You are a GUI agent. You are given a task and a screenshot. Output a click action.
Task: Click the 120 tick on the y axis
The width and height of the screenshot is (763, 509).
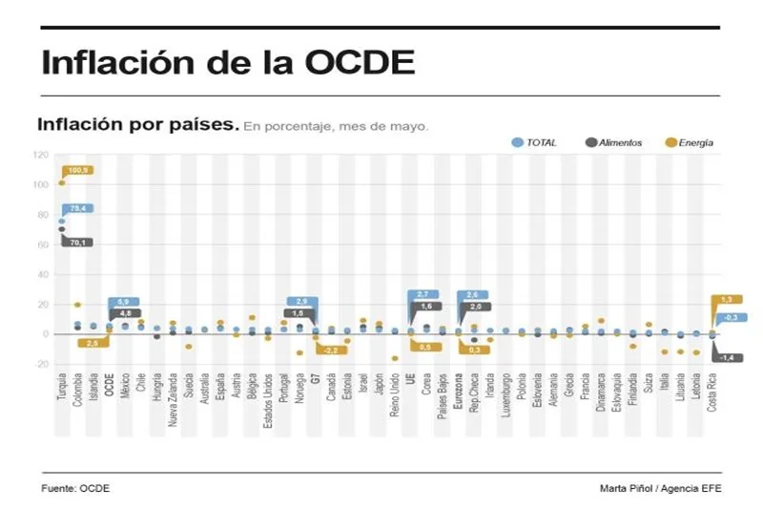[40, 155]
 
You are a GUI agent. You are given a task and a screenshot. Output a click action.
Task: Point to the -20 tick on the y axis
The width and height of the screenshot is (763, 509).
[40, 364]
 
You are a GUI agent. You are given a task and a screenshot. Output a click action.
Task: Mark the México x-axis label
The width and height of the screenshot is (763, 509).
[125, 391]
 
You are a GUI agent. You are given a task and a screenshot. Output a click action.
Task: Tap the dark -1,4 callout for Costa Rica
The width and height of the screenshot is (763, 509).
[727, 357]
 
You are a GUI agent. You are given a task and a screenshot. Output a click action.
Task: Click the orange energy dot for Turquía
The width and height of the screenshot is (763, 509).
[62, 182]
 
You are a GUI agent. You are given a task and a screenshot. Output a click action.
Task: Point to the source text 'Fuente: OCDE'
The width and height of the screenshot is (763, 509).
[75, 488]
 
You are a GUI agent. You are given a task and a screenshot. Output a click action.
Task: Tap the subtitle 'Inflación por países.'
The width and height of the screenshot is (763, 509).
[137, 124]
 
